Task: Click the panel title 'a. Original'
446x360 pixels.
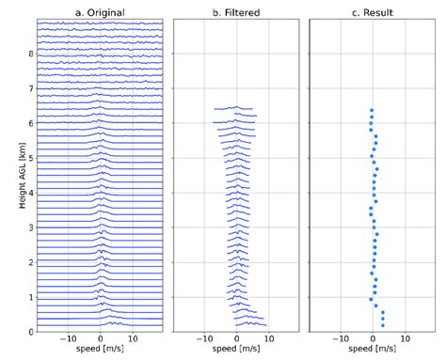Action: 100,12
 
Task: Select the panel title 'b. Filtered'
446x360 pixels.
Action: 236,12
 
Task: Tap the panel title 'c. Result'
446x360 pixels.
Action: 373,12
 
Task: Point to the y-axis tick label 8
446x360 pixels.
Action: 30,54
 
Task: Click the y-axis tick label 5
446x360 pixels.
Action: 30,158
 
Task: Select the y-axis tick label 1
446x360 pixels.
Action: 30,297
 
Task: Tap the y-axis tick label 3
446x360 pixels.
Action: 30,227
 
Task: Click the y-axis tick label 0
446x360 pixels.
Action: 30,332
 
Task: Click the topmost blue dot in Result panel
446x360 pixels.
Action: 372,110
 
